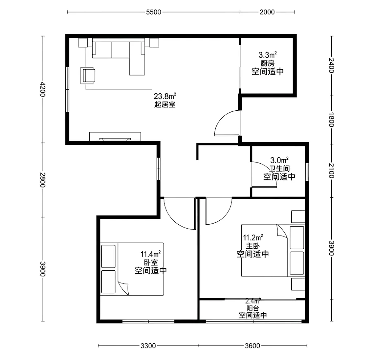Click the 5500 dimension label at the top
click(154, 12)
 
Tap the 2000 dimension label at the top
click(267, 12)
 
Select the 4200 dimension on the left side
click(43, 89)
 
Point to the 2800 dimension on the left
click(43, 180)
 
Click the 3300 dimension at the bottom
click(148, 346)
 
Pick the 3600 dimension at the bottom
click(252, 346)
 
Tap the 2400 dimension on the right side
click(332, 65)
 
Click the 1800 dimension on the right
click(332, 120)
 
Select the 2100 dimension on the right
click(332, 171)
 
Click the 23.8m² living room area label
click(165, 96)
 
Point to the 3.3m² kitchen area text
click(268, 55)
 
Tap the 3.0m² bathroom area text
click(279, 160)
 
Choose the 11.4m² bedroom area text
click(151, 254)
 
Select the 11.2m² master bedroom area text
click(253, 237)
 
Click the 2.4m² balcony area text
click(253, 301)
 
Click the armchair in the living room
click(88, 75)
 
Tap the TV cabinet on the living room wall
click(115, 136)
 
